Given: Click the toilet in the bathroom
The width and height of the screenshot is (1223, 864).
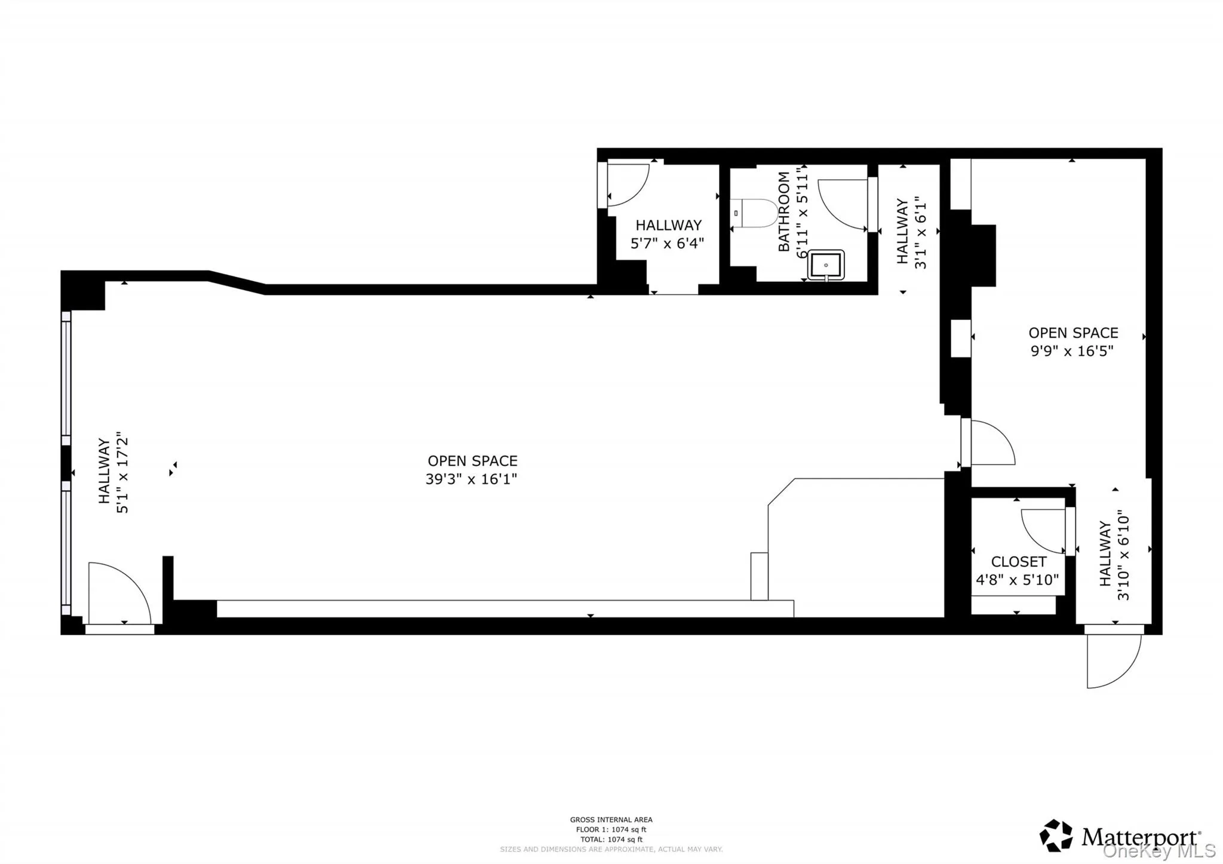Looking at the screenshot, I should [754, 213].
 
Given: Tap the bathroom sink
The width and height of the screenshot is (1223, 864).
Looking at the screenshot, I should [826, 265].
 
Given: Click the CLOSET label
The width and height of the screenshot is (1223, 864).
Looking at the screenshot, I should [1018, 562].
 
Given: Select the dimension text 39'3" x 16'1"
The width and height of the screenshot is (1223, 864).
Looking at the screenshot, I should [471, 479].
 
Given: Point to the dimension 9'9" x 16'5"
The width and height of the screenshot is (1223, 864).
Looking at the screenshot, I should [1073, 350].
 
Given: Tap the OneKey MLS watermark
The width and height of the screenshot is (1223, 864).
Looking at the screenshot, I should [1159, 851].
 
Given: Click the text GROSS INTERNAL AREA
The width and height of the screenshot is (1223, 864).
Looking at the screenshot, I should [611, 820].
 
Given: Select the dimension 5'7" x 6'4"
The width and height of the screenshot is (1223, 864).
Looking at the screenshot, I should [667, 243].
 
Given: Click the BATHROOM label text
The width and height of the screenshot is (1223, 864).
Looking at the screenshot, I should [784, 211].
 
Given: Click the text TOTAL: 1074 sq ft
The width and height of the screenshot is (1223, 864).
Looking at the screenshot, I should [611, 839].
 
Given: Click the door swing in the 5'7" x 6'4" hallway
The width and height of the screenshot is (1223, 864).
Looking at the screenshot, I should [627, 185].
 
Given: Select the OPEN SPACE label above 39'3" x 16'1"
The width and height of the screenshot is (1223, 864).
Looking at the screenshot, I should [472, 461].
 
